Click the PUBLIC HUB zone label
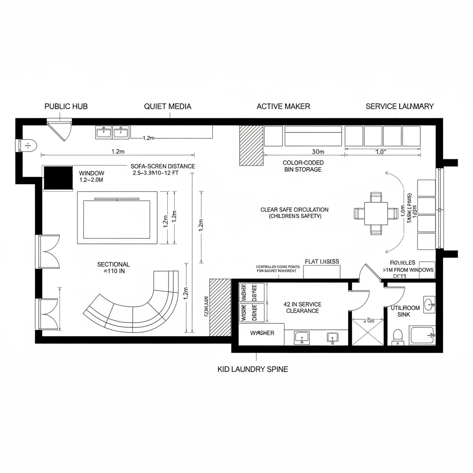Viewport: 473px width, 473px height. [x=66, y=106]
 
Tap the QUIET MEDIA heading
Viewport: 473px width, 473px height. [x=168, y=106]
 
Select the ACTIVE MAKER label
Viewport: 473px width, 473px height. [x=283, y=106]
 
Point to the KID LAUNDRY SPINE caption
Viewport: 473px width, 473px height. [x=253, y=369]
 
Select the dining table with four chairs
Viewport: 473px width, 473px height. [x=376, y=213]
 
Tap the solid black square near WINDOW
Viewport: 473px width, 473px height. [x=58, y=178]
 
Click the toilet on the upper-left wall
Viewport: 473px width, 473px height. [x=27, y=145]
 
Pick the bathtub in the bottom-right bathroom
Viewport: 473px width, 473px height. [x=422, y=335]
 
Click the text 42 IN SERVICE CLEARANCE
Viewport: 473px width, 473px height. [x=303, y=308]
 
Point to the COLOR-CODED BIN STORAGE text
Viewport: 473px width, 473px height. [x=303, y=166]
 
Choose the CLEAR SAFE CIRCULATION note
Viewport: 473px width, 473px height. [x=295, y=212]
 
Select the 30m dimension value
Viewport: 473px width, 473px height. [x=318, y=152]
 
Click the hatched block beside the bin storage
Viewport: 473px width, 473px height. [x=251, y=145]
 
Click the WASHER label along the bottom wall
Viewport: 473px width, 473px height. [x=262, y=333]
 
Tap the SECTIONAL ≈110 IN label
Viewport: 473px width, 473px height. [x=114, y=268]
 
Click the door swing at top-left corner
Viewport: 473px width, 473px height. [x=61, y=129]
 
